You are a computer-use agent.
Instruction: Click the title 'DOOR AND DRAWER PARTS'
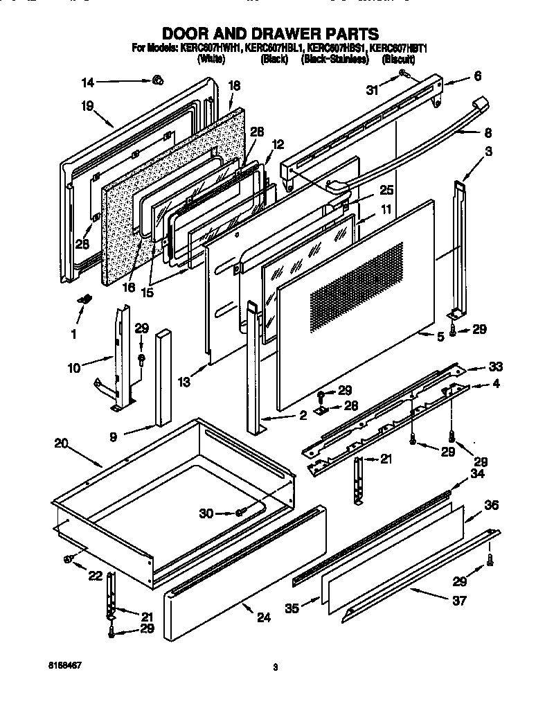coord(270,33)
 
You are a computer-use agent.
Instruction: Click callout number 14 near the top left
coord(87,82)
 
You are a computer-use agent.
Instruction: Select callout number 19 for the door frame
coord(87,107)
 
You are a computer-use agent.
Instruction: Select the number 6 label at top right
coord(477,76)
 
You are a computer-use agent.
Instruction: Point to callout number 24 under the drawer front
coord(262,618)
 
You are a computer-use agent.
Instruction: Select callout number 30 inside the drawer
coord(206,513)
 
